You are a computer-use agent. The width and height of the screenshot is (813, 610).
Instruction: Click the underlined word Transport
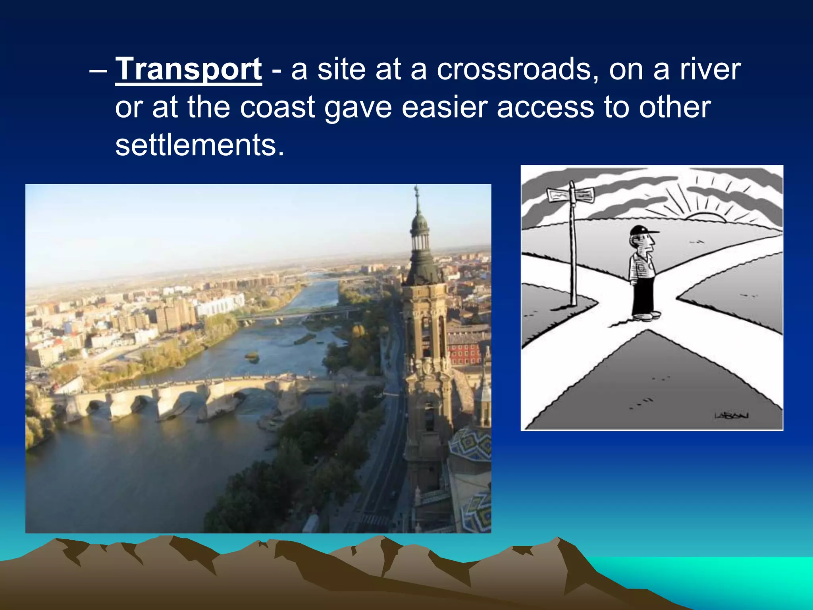point(188,70)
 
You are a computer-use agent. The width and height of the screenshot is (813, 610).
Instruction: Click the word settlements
point(200,145)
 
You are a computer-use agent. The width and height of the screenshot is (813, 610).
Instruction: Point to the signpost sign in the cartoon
point(571,195)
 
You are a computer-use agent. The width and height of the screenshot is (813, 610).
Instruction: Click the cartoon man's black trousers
point(643,294)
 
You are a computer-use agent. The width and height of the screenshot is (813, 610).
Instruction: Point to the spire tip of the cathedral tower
point(416,189)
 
